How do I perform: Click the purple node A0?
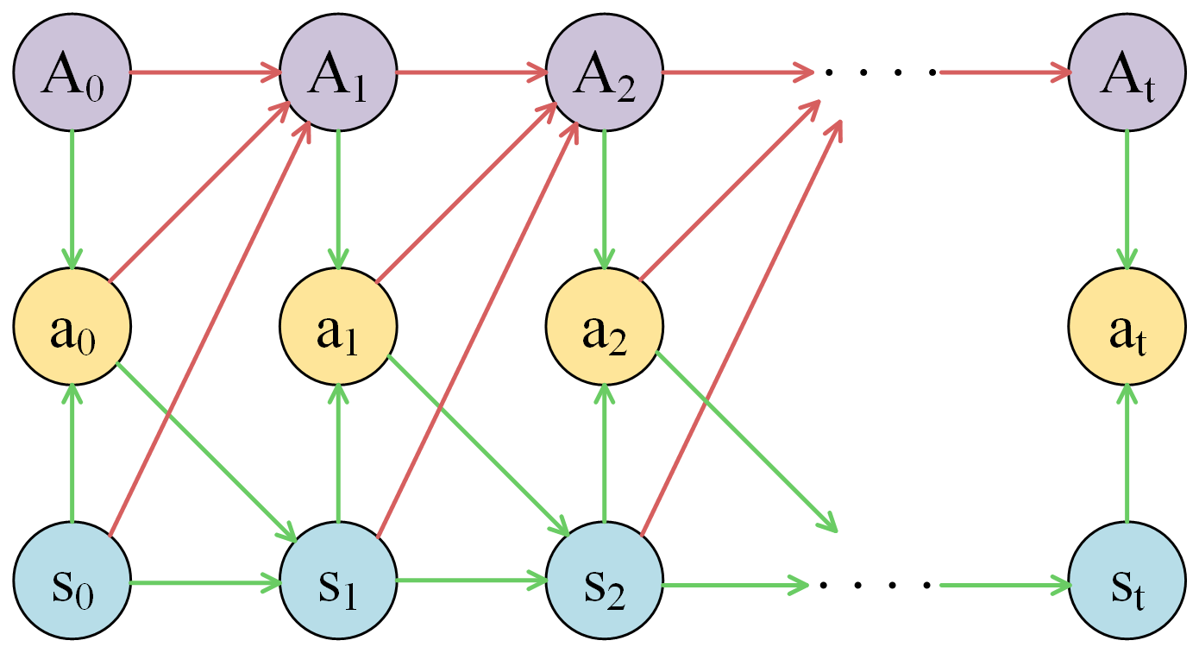pyautogui.click(x=72, y=73)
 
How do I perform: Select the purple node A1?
pyautogui.click(x=337, y=73)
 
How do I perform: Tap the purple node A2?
pyautogui.click(x=604, y=73)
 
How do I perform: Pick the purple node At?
pyautogui.click(x=1127, y=73)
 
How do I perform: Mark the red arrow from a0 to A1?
pyautogui.click(x=198, y=190)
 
